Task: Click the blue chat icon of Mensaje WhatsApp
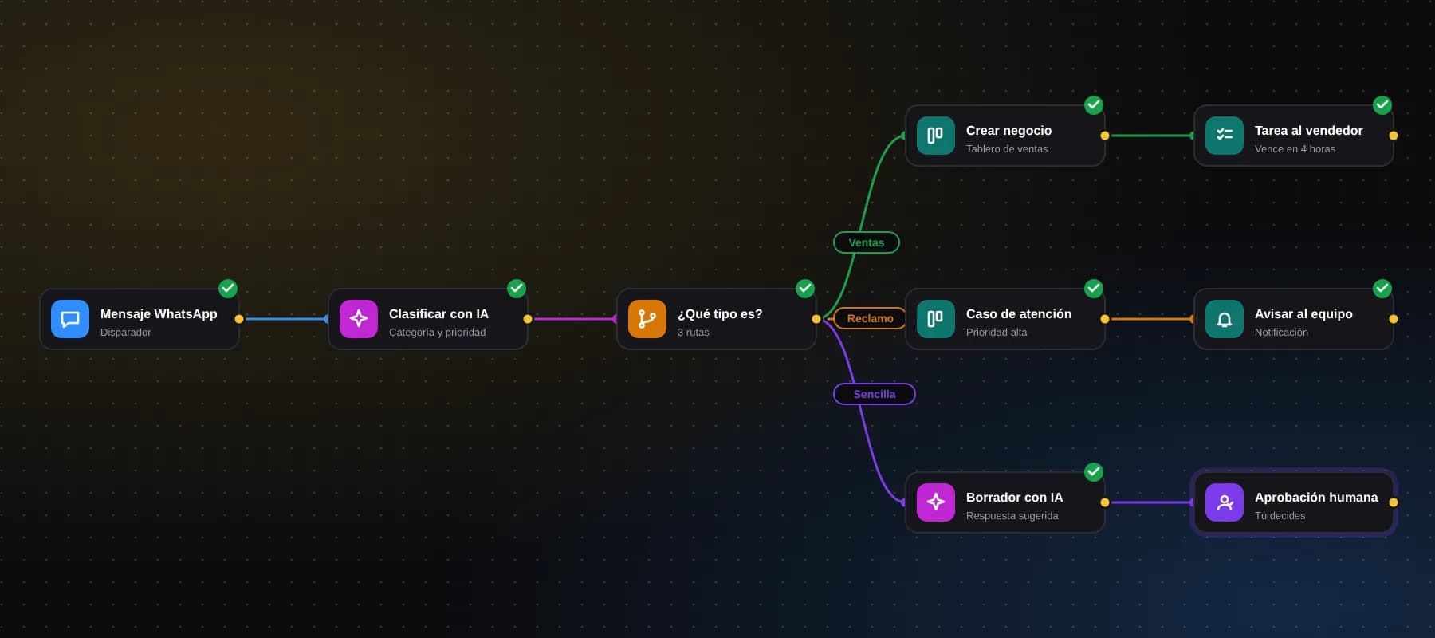tap(70, 319)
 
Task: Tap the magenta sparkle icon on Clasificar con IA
tap(359, 319)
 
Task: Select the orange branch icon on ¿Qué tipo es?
tap(647, 319)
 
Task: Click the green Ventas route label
tap(867, 242)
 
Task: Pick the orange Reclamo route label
tap(870, 318)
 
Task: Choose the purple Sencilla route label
tap(875, 394)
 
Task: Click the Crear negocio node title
tap(1008, 131)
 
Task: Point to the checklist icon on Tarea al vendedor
tap(1225, 136)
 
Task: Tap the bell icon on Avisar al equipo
tap(1225, 319)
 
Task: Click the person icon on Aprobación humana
tap(1225, 502)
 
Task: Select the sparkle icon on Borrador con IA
tap(936, 502)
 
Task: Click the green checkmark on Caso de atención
tap(1094, 289)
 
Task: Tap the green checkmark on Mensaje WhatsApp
tap(228, 289)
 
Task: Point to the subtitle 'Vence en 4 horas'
tap(1295, 149)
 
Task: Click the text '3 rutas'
tap(693, 333)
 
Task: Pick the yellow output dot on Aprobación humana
tap(1394, 502)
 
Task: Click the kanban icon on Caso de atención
tap(936, 319)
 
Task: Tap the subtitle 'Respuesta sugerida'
tap(1012, 516)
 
